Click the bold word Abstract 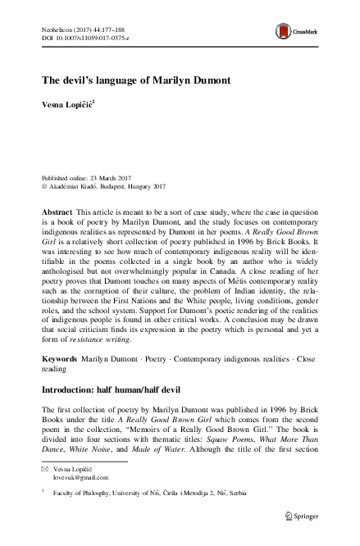click(x=57, y=212)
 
